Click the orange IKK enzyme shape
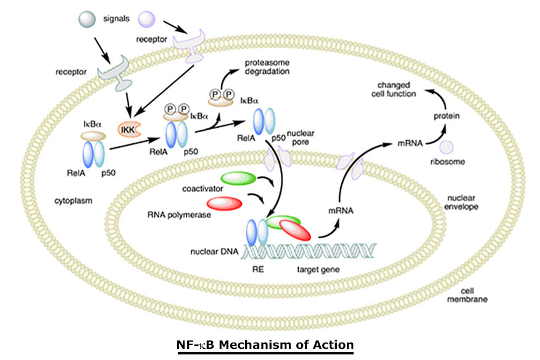click(x=129, y=130)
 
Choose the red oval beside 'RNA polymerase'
click(x=225, y=203)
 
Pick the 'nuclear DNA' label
click(x=212, y=252)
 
